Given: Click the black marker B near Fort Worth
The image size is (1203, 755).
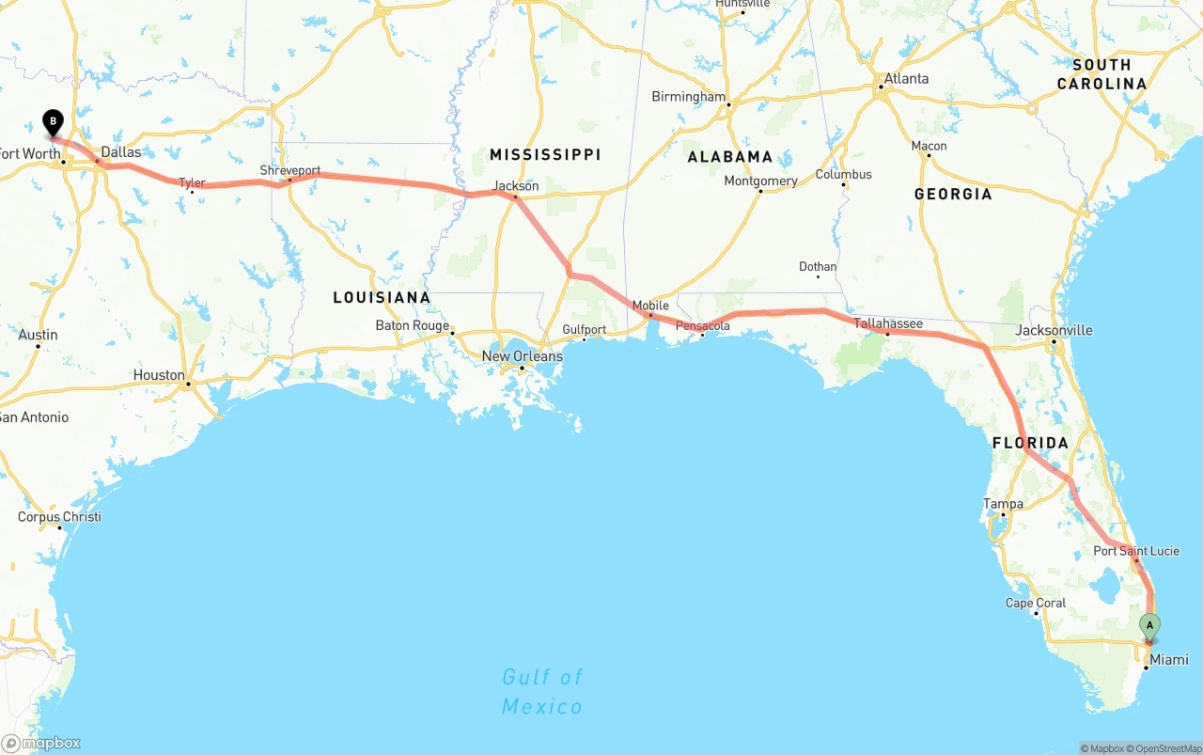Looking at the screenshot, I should click(x=54, y=121).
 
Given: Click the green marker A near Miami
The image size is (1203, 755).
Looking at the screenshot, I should click(x=1148, y=624).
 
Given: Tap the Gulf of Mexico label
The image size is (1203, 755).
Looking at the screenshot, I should click(x=541, y=691).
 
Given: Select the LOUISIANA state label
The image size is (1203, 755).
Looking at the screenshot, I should click(x=382, y=297).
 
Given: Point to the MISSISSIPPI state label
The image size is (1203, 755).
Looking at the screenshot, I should click(x=544, y=154).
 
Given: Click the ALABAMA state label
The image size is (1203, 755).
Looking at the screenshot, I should click(x=729, y=157).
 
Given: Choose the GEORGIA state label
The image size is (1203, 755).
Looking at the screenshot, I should click(x=952, y=194).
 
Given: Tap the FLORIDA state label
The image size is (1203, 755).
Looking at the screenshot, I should click(x=1030, y=443).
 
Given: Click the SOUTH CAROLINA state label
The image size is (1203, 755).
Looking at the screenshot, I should click(x=1101, y=74).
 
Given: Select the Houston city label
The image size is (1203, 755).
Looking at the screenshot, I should click(x=159, y=375).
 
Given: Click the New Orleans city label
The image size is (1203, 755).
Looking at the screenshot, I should click(x=522, y=356).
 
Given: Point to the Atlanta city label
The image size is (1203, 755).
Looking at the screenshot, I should click(x=906, y=79).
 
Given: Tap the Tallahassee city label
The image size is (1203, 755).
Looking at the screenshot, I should click(x=888, y=323).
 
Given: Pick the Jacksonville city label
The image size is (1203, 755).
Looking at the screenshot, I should click(x=1054, y=330).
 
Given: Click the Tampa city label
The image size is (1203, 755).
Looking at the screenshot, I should click(x=1003, y=504).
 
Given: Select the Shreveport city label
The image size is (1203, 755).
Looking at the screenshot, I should click(x=290, y=171).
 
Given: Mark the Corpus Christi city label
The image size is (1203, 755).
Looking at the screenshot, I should click(x=59, y=517).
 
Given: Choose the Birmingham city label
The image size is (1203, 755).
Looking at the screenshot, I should click(x=689, y=97).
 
